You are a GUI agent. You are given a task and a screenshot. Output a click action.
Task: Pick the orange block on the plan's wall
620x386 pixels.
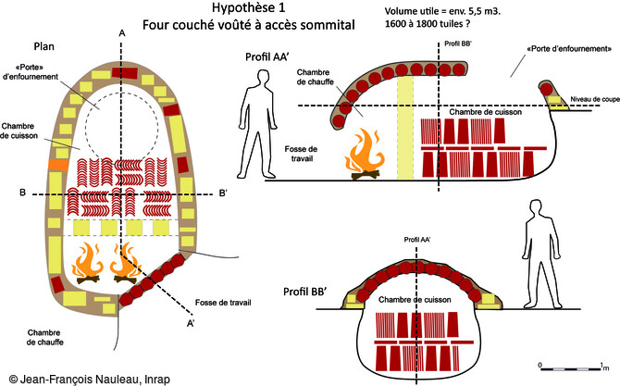(x=56, y=164)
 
